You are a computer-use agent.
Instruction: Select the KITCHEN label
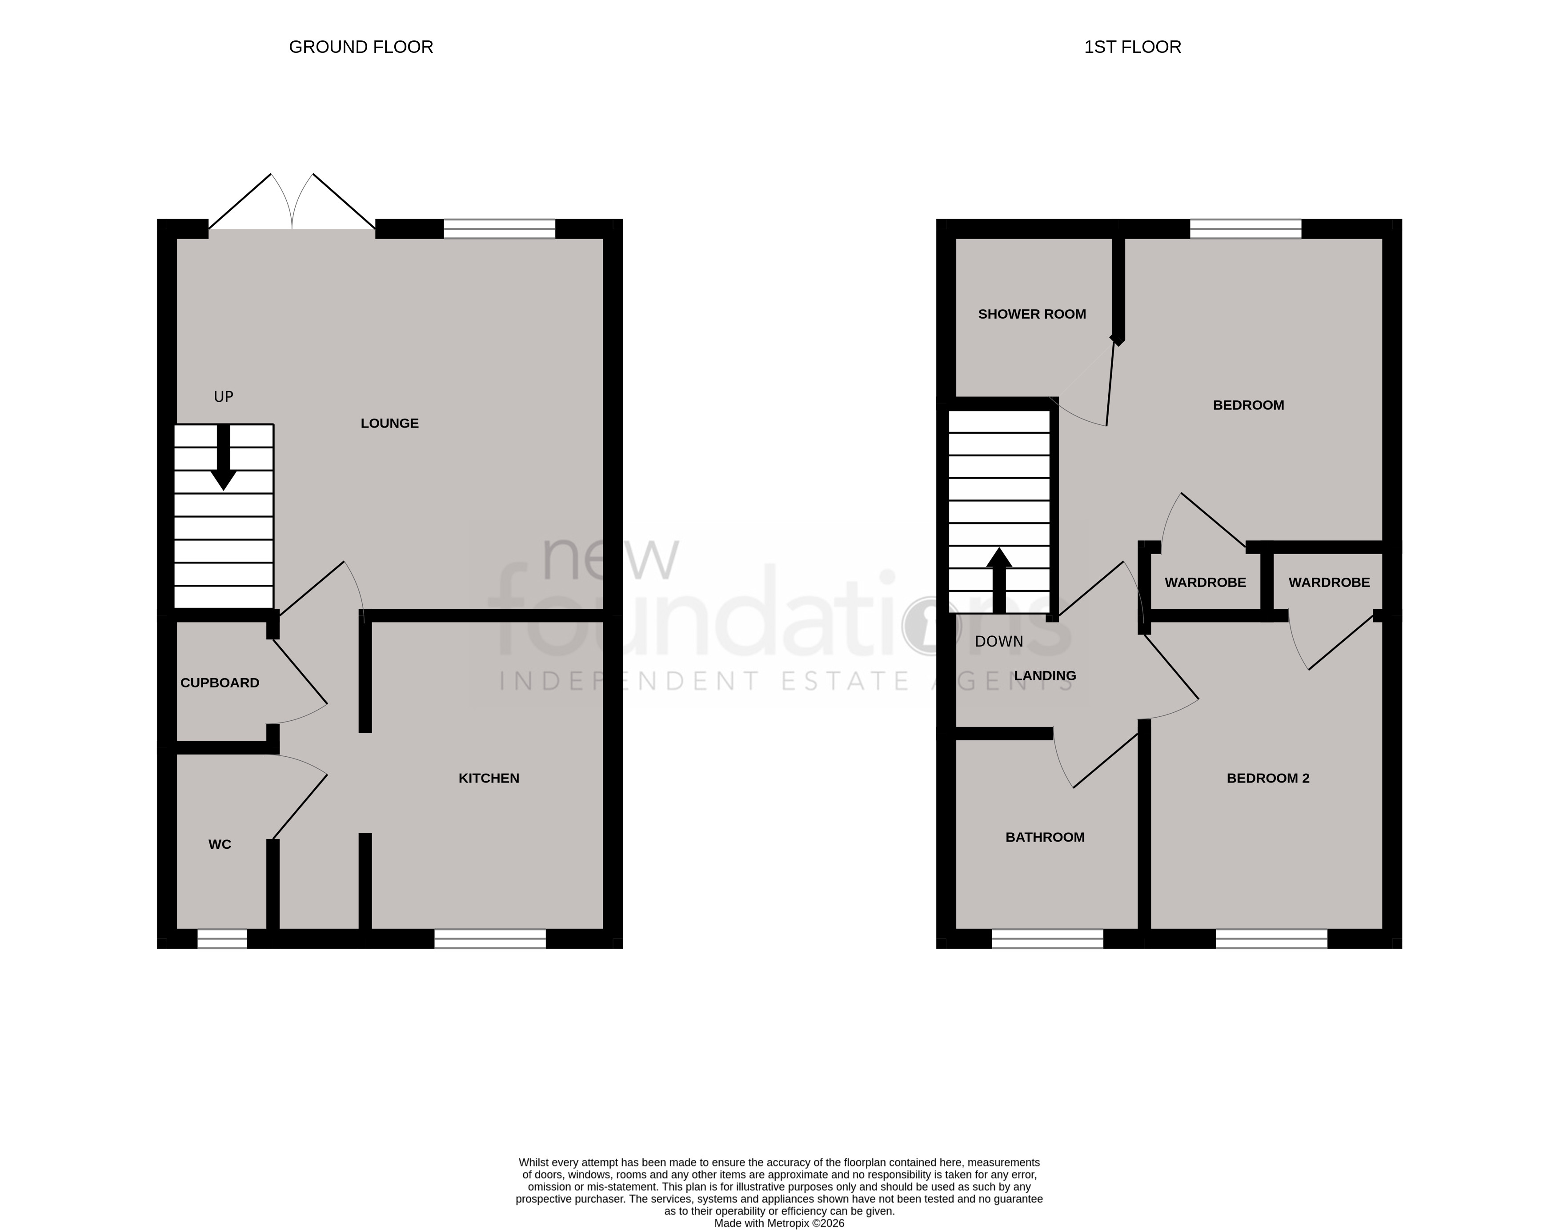(x=489, y=779)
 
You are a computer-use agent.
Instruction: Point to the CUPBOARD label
(x=220, y=683)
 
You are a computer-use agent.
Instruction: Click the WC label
(x=220, y=845)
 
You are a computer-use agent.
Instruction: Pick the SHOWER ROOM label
(x=1032, y=314)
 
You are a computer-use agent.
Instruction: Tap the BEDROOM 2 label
(x=1268, y=779)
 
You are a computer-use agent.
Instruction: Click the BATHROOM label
(x=1045, y=838)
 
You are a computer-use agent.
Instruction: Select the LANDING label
(x=1045, y=676)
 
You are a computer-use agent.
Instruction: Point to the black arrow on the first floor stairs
(x=998, y=580)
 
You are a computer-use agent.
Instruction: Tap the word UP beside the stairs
(x=223, y=397)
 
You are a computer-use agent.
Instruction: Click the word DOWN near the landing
(x=998, y=642)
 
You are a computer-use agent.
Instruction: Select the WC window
(x=222, y=938)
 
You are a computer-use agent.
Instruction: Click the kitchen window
(x=490, y=938)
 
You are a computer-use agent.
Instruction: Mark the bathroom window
(x=1047, y=938)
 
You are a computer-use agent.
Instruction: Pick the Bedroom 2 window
(x=1271, y=938)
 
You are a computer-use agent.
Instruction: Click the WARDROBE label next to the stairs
(x=1205, y=583)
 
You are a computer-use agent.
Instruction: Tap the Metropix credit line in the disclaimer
(x=779, y=1223)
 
